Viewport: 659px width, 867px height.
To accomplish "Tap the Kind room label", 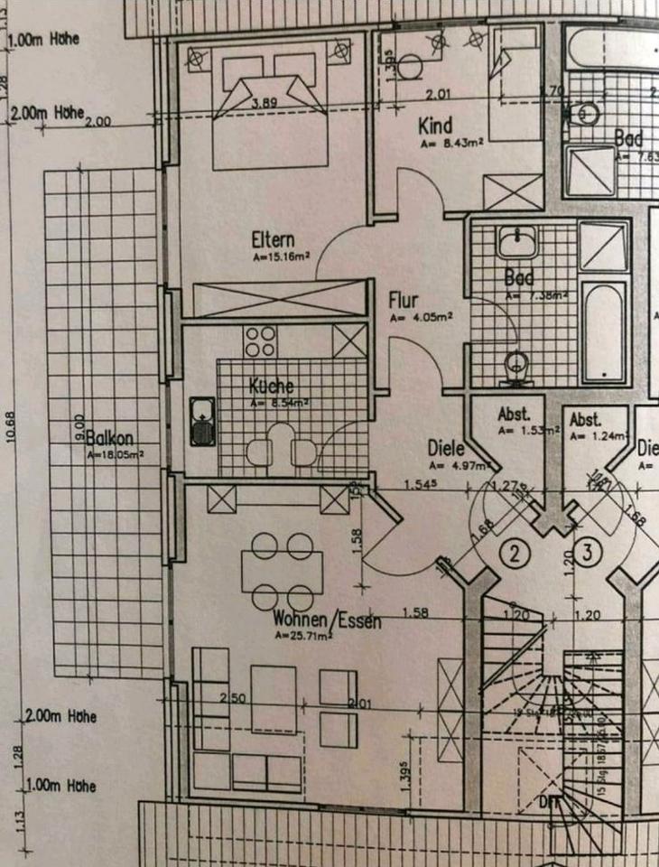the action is (435, 125).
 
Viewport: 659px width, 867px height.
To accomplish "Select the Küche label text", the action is (271, 386).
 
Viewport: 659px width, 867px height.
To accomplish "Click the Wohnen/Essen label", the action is (327, 620).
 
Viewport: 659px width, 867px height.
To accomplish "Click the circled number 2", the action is (515, 554).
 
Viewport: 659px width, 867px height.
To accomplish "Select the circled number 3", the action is (586, 554).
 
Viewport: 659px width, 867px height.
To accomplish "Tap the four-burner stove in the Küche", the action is (260, 341).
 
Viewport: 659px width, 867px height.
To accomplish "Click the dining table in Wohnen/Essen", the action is (282, 571).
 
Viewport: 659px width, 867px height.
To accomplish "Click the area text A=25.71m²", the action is (303, 635).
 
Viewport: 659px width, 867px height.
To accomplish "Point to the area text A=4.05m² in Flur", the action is (421, 317).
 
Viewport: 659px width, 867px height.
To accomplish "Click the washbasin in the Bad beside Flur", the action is (515, 241).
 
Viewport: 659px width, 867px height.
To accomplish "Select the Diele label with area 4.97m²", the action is (447, 448).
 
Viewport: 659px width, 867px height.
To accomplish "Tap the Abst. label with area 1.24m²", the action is (587, 420).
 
